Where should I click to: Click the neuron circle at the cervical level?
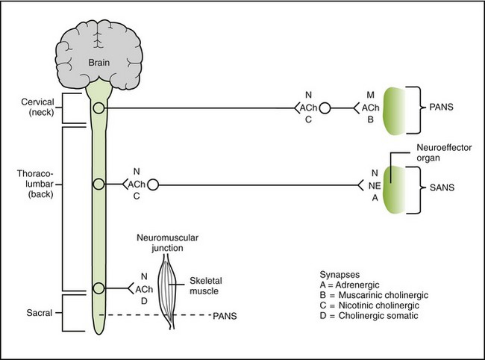point(98,109)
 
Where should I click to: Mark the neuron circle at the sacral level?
point(98,288)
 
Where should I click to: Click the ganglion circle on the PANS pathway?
point(325,109)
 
